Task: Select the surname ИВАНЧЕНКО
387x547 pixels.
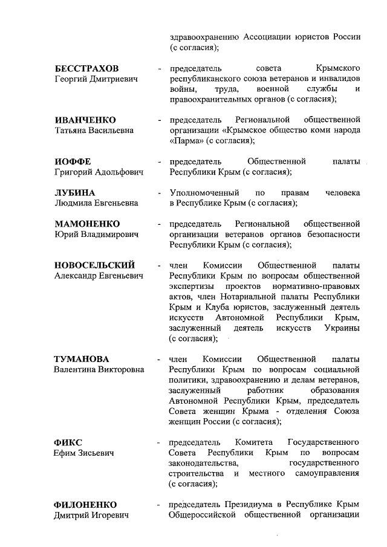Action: point(85,120)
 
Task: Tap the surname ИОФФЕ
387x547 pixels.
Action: point(73,162)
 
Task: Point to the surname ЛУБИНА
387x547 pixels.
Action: point(75,193)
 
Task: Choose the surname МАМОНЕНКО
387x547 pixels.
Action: point(87,224)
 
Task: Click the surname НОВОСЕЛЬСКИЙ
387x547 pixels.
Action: point(94,265)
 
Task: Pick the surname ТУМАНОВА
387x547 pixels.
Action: point(85,359)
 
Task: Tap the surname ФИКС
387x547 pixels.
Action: point(68,442)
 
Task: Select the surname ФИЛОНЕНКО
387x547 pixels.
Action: point(85,504)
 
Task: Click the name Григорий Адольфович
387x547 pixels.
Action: point(99,172)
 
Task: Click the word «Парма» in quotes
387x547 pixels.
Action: point(186,141)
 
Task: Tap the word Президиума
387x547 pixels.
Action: point(241,504)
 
